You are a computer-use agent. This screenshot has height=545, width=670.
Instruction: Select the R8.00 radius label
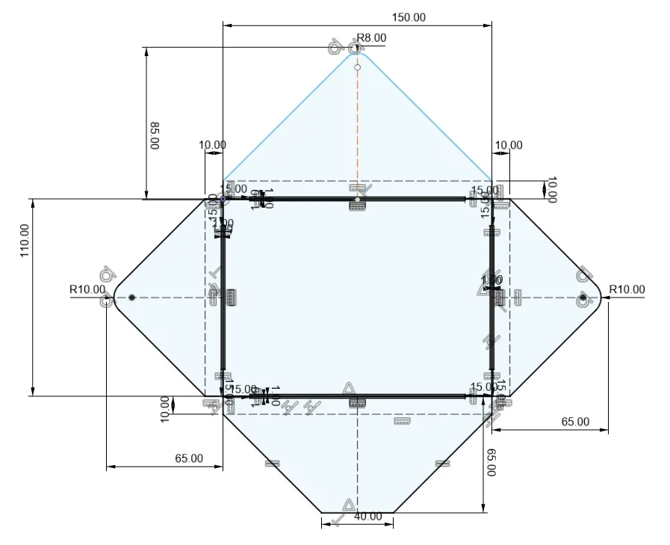click(x=371, y=37)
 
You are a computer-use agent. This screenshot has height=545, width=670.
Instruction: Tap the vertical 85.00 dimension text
click(x=155, y=137)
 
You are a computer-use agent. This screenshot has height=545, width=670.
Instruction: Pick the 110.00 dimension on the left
click(x=25, y=241)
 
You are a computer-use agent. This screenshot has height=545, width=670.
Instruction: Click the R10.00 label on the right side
click(x=627, y=289)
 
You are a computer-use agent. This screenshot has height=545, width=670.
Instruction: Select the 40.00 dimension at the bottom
click(x=367, y=517)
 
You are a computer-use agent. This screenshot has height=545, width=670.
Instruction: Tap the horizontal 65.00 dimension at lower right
click(x=575, y=422)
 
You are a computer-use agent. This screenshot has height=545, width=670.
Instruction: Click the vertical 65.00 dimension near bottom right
click(x=491, y=463)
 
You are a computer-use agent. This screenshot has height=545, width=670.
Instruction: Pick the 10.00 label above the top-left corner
click(x=213, y=145)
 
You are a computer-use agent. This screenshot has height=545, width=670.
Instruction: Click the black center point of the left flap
click(x=131, y=298)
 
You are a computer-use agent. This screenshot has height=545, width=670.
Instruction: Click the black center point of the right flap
click(x=583, y=298)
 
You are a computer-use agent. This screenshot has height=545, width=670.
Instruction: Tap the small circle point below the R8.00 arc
click(x=357, y=67)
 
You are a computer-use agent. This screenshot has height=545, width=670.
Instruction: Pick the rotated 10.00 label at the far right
click(x=552, y=189)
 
